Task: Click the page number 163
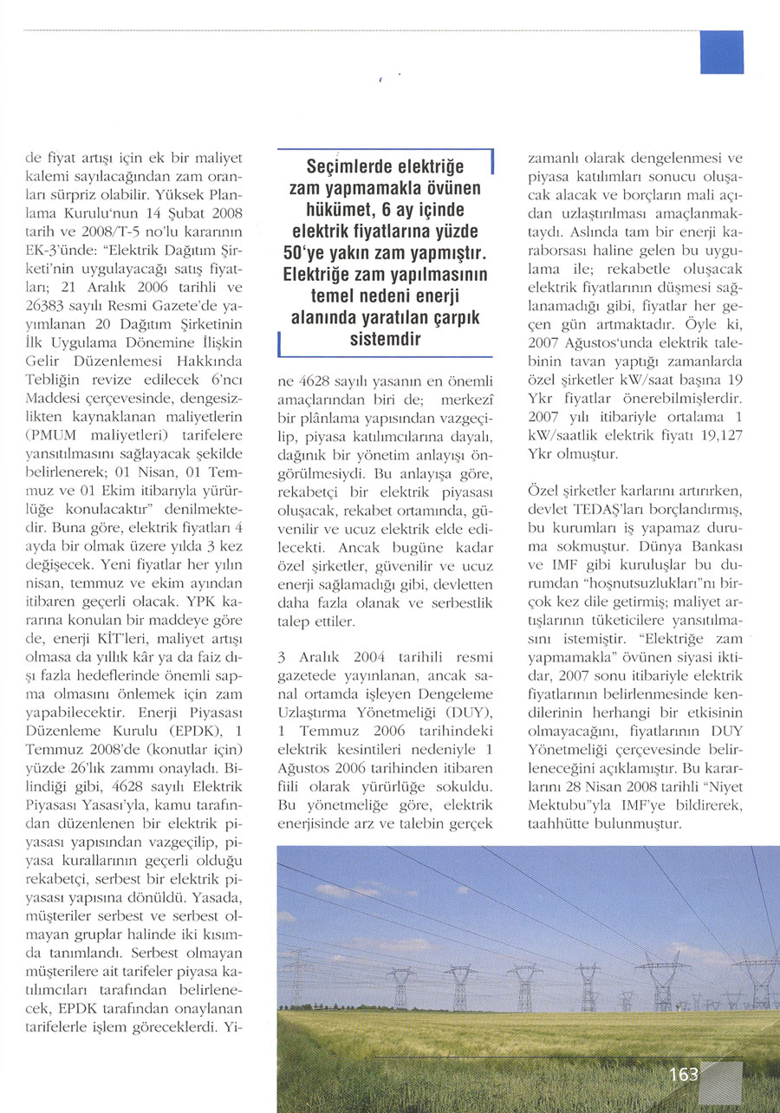coord(684,1074)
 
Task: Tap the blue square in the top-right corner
coord(721,52)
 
